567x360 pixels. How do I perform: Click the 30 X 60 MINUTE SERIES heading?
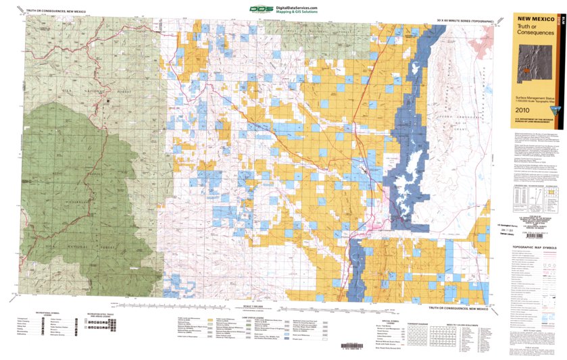click(468, 22)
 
